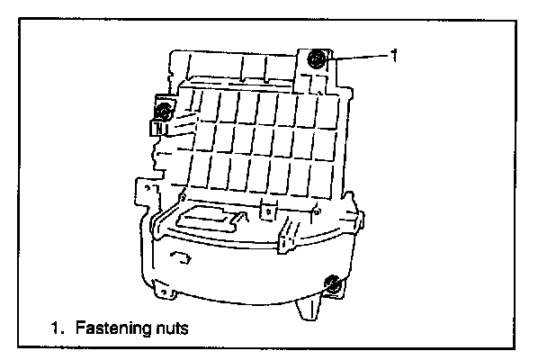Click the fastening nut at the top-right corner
[317, 61]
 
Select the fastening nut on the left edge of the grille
[164, 112]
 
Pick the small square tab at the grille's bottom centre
[265, 209]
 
